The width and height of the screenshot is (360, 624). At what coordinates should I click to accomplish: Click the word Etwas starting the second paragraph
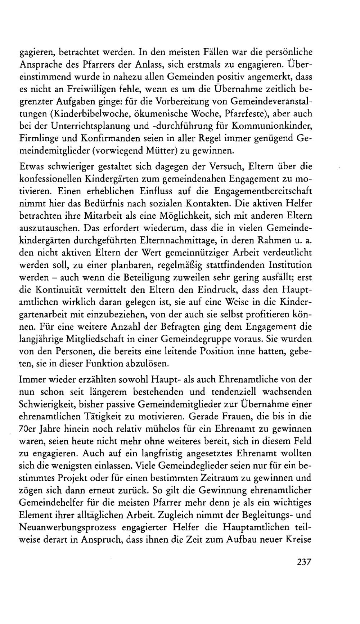32,167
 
